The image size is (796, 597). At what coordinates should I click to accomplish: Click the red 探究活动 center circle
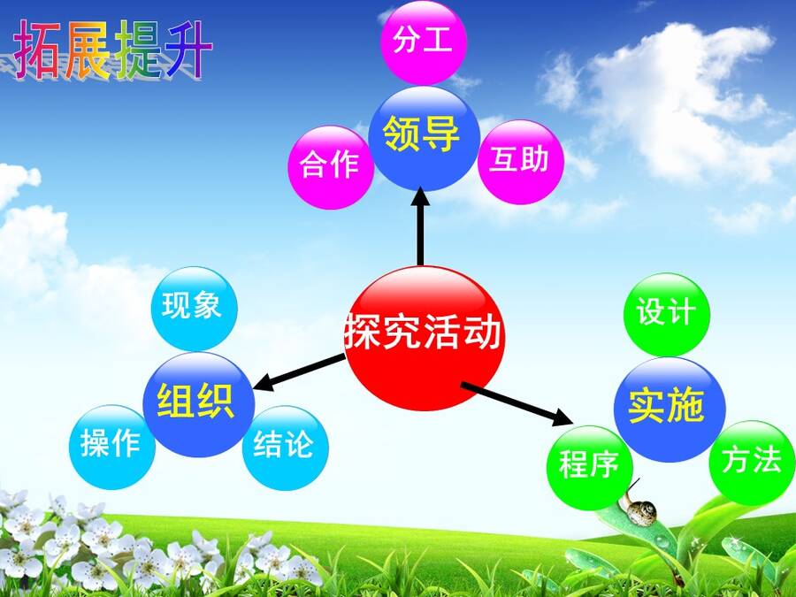coord(425,338)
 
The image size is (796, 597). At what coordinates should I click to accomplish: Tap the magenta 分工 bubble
coord(424,42)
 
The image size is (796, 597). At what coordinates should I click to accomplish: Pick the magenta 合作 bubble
coord(331,167)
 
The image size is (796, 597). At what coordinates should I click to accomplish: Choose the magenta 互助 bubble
coord(521,162)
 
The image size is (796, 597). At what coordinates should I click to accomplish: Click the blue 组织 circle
coord(198,404)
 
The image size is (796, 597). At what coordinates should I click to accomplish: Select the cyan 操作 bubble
coord(112,448)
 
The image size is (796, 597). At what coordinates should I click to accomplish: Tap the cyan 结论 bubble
coord(286,448)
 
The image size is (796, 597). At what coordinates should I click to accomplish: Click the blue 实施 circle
coord(670,409)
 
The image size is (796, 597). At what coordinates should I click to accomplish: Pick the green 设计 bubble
coord(667,314)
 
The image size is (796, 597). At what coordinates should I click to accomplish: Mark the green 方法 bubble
coord(752,463)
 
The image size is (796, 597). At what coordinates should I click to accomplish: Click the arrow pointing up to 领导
coord(420,226)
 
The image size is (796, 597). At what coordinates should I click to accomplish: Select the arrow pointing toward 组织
coord(299,373)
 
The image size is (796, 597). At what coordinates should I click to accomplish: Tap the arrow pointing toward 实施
coord(517,404)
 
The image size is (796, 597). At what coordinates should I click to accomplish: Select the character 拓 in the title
coord(37,50)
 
